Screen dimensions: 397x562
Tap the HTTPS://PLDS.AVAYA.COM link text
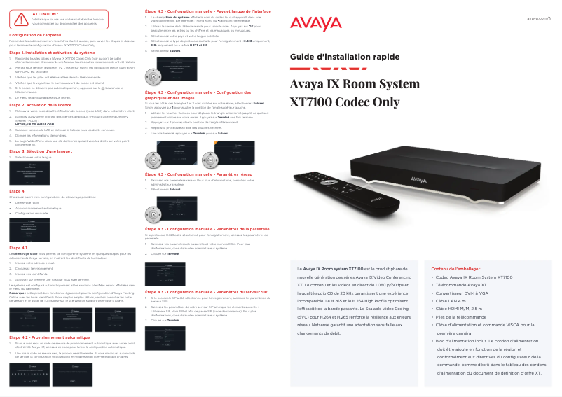click(34, 123)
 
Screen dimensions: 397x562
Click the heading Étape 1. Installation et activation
click(52, 53)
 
